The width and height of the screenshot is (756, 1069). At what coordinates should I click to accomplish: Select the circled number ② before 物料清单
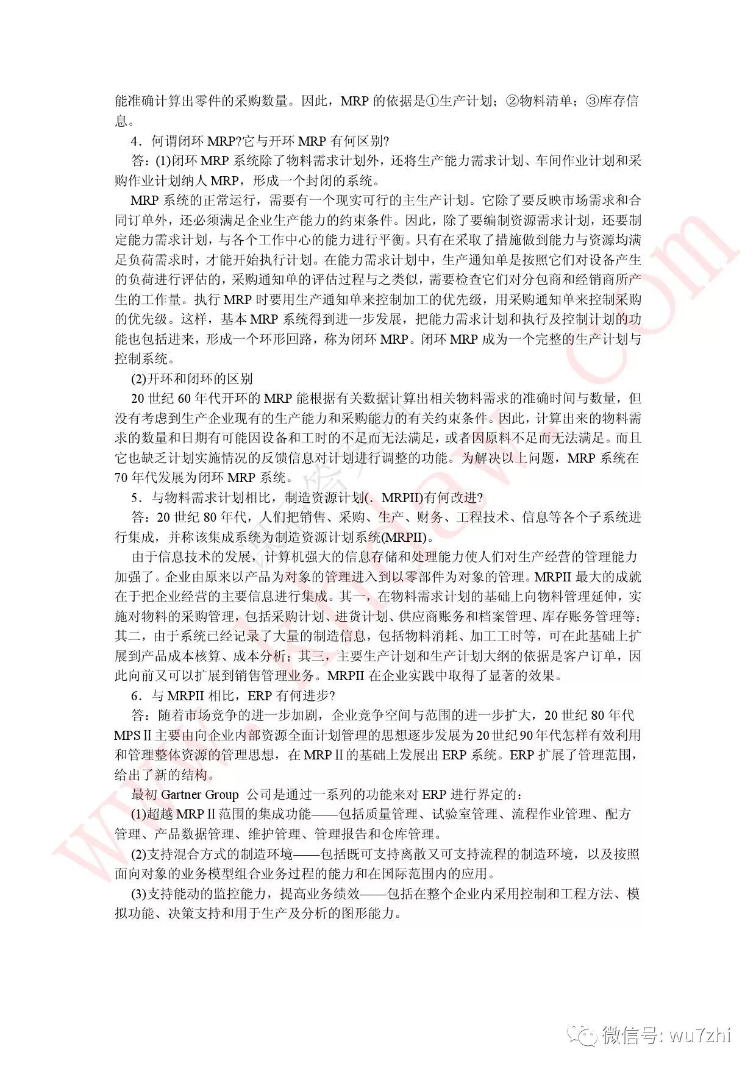(x=512, y=101)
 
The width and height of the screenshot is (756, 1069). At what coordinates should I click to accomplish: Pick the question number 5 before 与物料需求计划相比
(x=135, y=498)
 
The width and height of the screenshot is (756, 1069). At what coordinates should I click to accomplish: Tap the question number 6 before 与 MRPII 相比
(x=135, y=695)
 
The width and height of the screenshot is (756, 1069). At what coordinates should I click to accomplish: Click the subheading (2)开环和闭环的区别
(x=191, y=378)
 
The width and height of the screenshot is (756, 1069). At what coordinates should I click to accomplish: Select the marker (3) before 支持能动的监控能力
(x=138, y=893)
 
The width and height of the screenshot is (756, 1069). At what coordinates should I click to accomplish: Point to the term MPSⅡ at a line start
(x=132, y=736)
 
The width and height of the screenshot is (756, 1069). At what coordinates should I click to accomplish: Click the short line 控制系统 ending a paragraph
(x=144, y=358)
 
